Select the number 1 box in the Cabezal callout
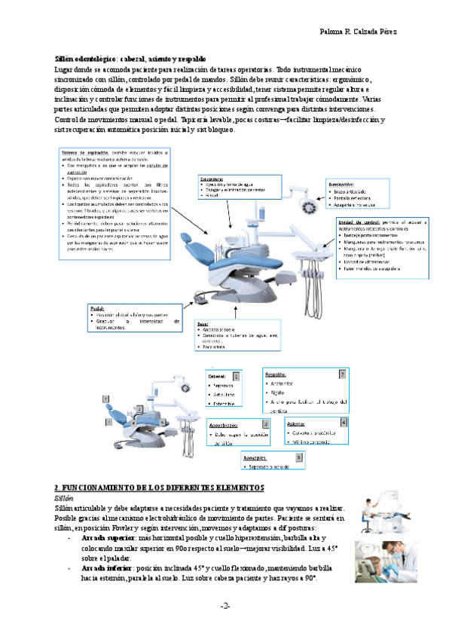pos(237,375)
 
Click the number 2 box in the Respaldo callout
pos(342,374)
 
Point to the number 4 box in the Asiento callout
pos(344,423)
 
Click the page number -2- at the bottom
pos(225,606)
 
